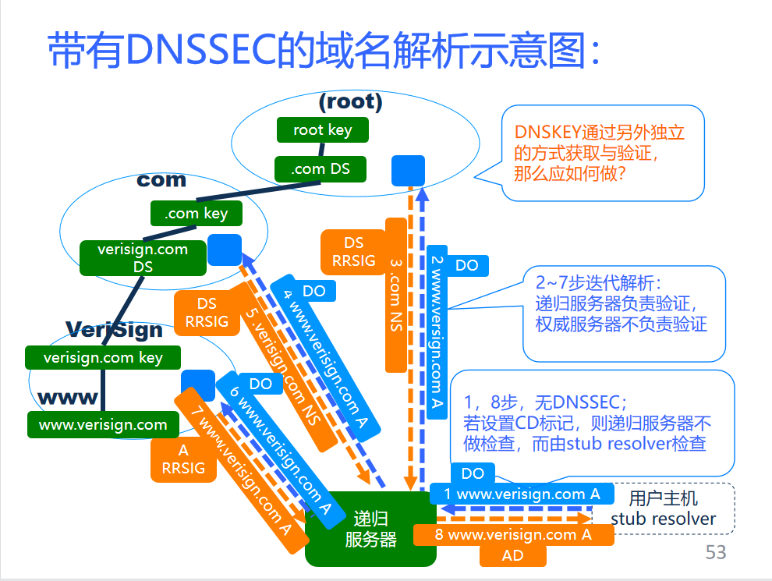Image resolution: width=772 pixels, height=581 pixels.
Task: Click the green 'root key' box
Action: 322,130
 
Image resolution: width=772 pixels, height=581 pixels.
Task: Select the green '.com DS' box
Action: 320,168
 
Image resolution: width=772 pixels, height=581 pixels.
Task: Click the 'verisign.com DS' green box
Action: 143,258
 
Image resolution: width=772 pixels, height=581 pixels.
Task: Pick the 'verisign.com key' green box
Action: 103,358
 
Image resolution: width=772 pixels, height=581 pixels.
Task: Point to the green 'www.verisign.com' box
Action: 103,425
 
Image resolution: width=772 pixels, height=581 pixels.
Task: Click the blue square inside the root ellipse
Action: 408,171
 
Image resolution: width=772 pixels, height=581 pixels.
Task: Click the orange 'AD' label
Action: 512,556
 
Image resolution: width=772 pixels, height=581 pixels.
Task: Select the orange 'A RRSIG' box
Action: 183,459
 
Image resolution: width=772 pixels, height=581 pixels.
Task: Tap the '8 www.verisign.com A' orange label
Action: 513,535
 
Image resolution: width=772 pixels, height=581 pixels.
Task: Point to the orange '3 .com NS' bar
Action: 396,295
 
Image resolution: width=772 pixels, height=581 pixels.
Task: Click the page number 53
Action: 715,552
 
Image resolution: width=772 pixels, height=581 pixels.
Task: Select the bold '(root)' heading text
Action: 351,101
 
